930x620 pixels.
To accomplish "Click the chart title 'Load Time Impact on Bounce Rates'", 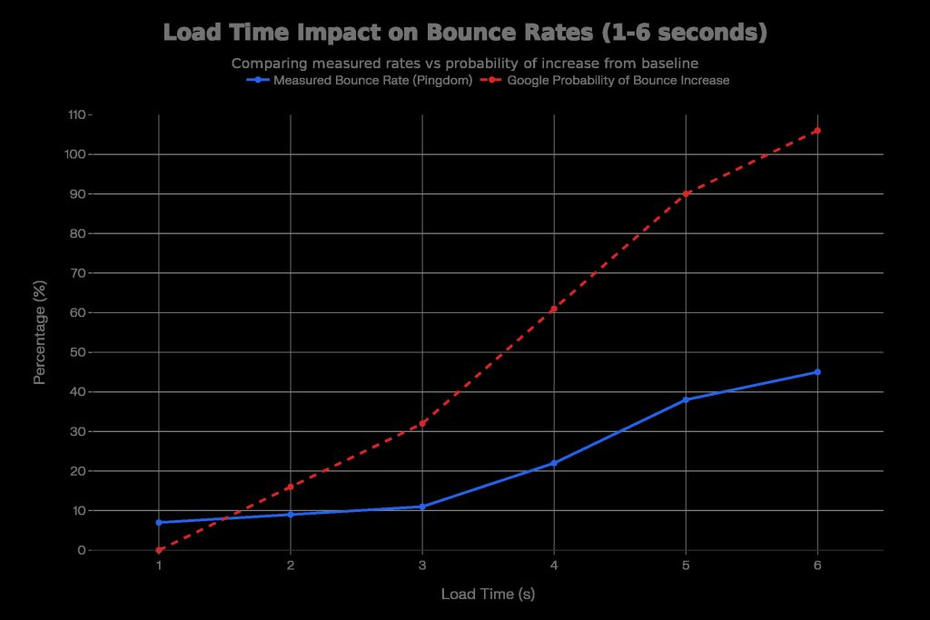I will [465, 33].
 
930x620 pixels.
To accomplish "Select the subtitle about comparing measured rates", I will [464, 64].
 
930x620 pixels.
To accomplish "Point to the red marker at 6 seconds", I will [817, 131].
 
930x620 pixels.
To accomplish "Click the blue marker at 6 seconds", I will [817, 372].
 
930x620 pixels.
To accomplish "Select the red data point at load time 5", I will [686, 194].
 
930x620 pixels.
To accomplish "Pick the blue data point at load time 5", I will [686, 399].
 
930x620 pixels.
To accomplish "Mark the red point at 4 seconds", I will [554, 309].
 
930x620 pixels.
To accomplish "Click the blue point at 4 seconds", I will [554, 463].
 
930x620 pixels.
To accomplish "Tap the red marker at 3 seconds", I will [422, 423].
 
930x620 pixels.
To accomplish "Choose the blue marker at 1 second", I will [159, 522].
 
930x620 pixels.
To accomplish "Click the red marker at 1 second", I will [159, 550].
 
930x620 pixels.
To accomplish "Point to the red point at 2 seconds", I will [291, 487].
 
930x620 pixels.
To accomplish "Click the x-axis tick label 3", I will [422, 566].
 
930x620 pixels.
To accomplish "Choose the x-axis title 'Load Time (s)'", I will [488, 595].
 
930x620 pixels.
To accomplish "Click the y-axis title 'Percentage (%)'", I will [40, 332].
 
